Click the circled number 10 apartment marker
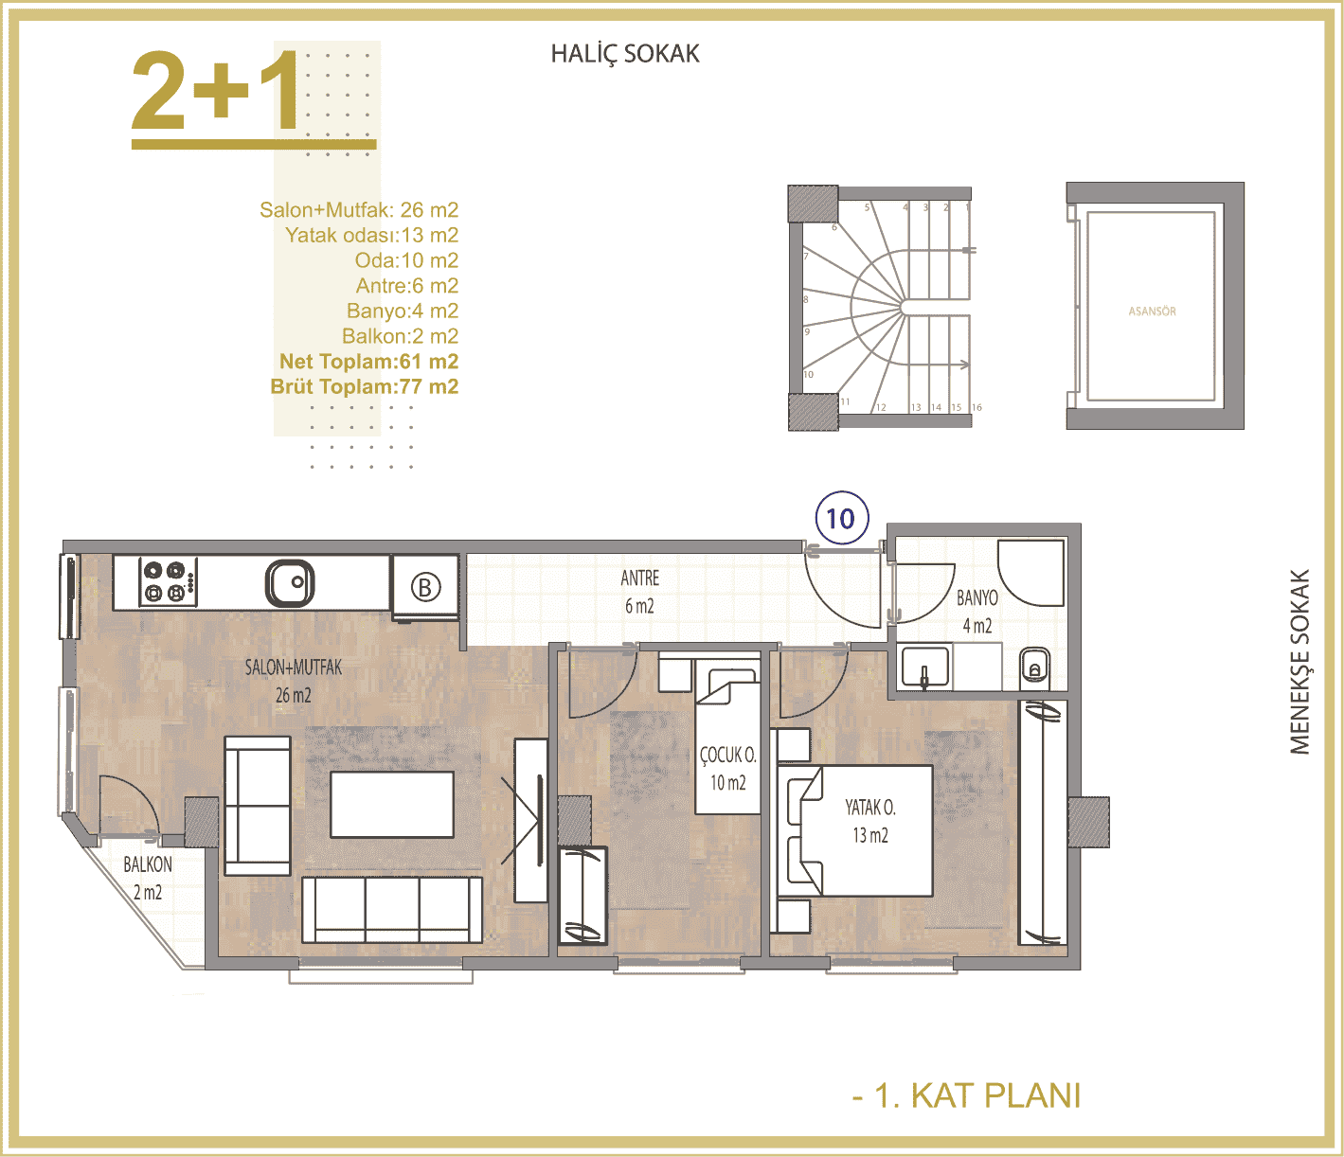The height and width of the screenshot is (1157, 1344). click(842, 518)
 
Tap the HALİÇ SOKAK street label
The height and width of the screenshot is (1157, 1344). click(625, 54)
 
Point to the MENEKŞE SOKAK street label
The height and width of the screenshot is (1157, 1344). click(1299, 662)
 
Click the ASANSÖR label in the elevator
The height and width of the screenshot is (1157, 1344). click(1152, 311)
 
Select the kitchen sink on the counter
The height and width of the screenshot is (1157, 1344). click(290, 583)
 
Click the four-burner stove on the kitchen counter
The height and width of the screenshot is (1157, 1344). click(168, 582)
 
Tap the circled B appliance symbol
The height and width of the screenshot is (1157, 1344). click(425, 588)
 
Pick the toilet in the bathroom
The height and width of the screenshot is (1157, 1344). click(1034, 666)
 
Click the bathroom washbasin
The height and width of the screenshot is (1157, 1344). click(924, 667)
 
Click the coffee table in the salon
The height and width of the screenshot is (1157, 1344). click(391, 804)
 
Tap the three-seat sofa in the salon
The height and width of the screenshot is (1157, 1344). click(391, 909)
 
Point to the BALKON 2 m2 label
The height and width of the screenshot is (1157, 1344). click(148, 878)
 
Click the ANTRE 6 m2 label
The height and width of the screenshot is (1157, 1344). click(640, 592)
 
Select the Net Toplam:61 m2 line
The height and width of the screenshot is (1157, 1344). click(368, 362)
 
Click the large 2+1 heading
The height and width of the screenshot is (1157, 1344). click(216, 91)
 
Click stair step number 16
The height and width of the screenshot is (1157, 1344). click(977, 407)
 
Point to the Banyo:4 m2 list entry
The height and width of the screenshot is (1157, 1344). click(403, 311)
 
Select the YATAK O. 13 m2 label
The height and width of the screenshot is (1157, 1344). click(870, 822)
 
